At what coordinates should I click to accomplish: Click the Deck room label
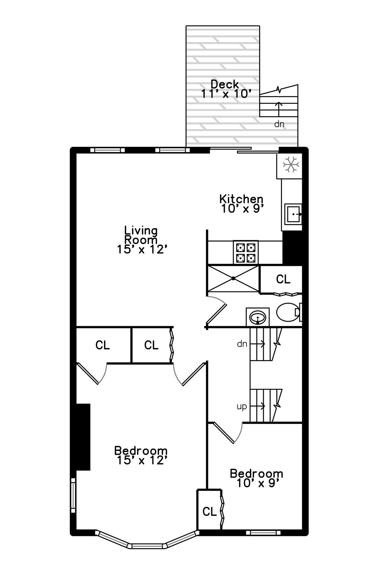pos(224,89)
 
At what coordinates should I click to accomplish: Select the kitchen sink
pos(293,214)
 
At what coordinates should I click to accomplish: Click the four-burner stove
pos(246,252)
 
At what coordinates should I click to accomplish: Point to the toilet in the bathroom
pos(287,312)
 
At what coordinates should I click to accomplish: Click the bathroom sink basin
pos(257,318)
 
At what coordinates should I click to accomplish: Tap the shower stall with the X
pos(233,279)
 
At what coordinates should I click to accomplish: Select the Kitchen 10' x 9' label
pos(242,204)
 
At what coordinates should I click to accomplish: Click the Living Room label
pos(141,240)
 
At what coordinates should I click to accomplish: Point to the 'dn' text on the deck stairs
pos(279,124)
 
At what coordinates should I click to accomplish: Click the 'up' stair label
pos(241,406)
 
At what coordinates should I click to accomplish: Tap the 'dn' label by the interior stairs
pos(242,344)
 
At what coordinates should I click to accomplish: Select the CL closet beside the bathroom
pos(283,279)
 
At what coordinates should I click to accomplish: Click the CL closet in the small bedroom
pos(209,511)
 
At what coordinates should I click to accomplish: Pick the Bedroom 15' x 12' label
pos(141,455)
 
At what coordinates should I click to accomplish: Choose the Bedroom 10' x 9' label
pos(256,478)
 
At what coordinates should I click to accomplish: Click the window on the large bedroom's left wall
pos(73,498)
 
